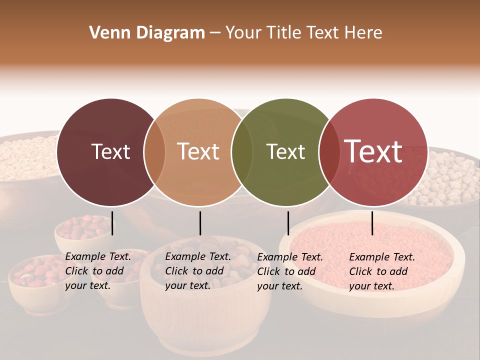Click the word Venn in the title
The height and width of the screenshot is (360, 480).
[103, 33]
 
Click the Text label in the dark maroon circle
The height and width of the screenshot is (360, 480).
[110, 152]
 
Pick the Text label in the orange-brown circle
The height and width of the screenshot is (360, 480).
[198, 152]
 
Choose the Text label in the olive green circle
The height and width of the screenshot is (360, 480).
[285, 152]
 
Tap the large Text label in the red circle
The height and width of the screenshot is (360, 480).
[373, 152]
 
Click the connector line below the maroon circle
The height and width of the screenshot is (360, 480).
[112, 223]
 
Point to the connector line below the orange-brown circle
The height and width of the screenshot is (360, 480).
[200, 223]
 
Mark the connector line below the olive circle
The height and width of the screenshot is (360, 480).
[288, 223]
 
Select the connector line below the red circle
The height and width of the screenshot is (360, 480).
[372, 223]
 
